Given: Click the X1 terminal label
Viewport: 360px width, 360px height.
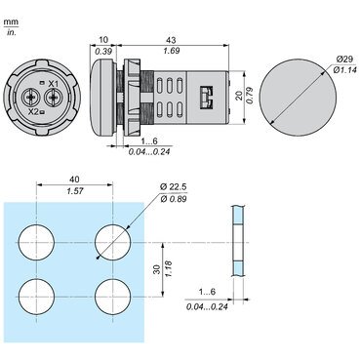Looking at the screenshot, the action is [54, 84].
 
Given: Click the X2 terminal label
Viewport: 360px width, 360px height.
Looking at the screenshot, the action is [33, 112].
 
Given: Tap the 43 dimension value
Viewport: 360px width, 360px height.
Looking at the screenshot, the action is [171, 40].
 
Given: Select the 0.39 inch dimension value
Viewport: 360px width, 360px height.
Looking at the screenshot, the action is [103, 51].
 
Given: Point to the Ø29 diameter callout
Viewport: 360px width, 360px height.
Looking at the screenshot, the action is [344, 60].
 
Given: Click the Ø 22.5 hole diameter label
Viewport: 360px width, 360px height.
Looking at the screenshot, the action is [174, 187].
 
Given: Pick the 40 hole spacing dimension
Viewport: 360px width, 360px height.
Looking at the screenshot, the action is [74, 180].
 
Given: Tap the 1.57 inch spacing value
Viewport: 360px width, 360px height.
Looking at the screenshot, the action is [75, 190].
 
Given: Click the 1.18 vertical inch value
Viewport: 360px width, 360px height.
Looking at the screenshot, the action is [169, 269].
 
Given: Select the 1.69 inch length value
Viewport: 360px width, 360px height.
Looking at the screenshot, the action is [171, 51].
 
